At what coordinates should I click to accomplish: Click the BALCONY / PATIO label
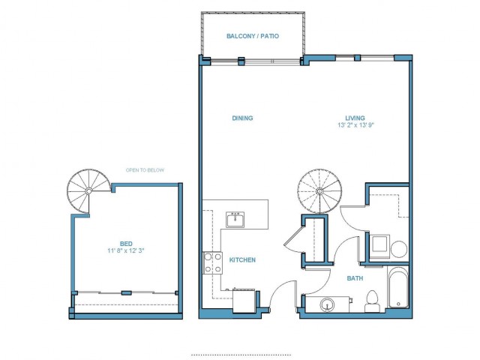click(253, 36)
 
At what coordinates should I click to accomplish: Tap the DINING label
click(242, 118)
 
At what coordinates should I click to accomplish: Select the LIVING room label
click(355, 118)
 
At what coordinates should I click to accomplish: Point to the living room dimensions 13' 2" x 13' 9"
click(356, 125)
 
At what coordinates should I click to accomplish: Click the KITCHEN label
click(242, 260)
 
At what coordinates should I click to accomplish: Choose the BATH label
click(355, 278)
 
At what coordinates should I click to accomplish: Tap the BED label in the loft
click(126, 244)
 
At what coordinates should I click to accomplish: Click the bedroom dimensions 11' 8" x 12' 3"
click(126, 250)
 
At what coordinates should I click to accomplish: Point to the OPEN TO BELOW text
click(145, 170)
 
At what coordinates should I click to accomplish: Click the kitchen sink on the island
click(235, 220)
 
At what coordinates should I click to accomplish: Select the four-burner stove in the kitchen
click(213, 262)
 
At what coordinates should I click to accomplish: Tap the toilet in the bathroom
click(372, 301)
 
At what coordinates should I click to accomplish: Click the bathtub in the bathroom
click(398, 288)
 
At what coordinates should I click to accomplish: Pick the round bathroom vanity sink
click(328, 305)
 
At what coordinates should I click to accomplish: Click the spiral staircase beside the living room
click(319, 191)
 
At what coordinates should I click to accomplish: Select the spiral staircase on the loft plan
click(88, 190)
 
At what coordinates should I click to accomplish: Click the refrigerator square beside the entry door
click(244, 301)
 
